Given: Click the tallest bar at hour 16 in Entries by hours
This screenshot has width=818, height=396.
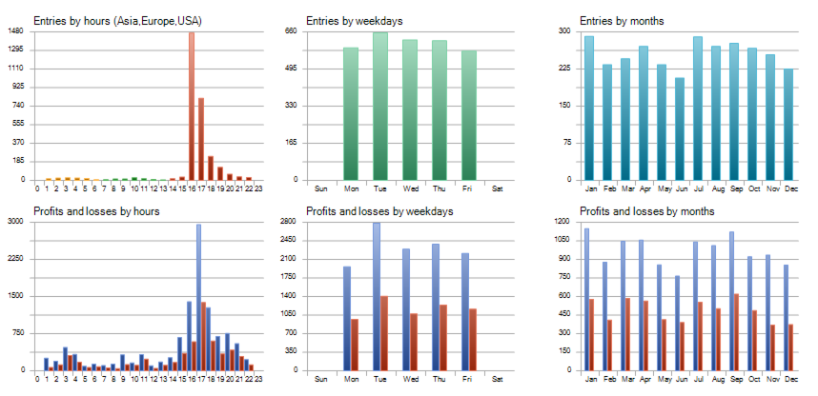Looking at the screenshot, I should click(x=192, y=106).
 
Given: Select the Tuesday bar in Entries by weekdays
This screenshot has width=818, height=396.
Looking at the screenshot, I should click(x=380, y=106).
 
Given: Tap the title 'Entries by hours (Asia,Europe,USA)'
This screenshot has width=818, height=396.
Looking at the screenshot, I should click(x=117, y=20).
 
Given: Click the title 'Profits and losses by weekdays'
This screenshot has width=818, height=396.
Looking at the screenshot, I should click(x=378, y=210).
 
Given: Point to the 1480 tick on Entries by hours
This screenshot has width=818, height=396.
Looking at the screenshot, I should click(x=15, y=31).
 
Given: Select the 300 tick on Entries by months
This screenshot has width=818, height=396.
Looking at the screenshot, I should click(x=563, y=31).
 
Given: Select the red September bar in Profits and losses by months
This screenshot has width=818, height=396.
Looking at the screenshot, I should click(x=735, y=332).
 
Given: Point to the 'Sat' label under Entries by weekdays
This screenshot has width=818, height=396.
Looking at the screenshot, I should click(x=497, y=187).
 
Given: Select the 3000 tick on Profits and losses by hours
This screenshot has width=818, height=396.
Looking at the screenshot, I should click(x=15, y=222).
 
